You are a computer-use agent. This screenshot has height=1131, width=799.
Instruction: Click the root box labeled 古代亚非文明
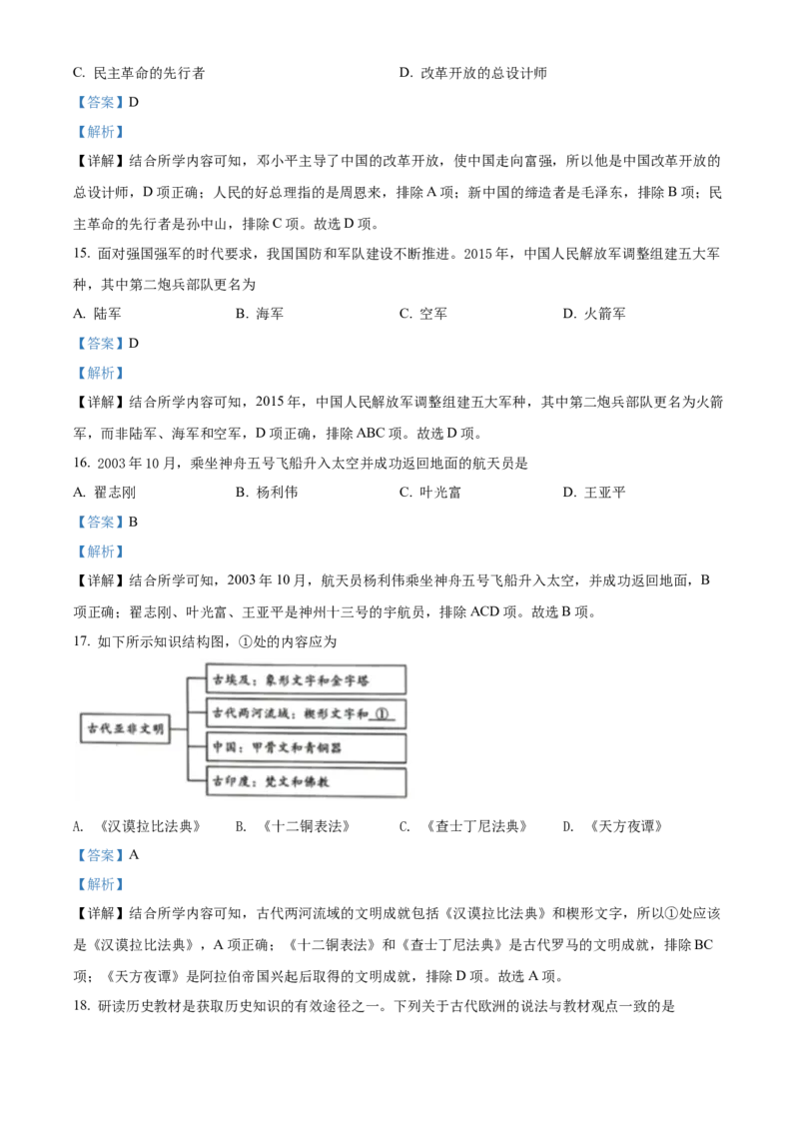point(124,729)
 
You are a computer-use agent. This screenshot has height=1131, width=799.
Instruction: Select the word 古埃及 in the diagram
point(229,679)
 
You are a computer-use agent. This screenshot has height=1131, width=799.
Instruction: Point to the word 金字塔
point(353,679)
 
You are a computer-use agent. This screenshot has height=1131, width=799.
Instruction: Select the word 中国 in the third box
point(223,747)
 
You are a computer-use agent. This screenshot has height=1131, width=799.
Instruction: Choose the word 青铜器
point(324,747)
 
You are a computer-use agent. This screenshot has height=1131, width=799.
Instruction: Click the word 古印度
point(229,781)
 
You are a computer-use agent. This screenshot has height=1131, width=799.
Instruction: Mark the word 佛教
point(314,781)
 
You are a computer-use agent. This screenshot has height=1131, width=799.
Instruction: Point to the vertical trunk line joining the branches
point(188,729)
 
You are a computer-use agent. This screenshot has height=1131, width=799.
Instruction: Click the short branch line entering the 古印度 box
point(197,780)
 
